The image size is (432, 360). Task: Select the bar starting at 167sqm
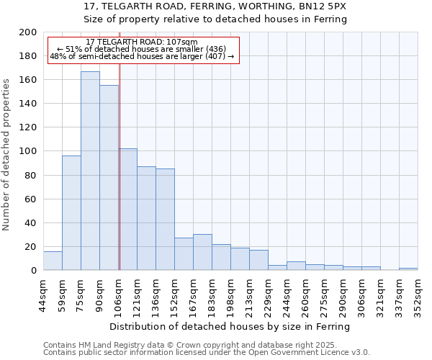pos(202,252)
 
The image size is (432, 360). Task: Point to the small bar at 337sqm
pos(408,269)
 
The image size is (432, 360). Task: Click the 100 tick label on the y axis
pos(28,151)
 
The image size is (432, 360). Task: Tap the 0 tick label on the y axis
pos(33,271)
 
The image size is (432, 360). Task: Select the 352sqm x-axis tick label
pos(418,294)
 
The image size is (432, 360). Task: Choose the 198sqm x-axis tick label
pos(230,294)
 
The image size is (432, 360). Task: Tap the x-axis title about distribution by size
pos(230,326)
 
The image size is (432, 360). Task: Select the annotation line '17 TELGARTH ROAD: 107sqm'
pos(141,42)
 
